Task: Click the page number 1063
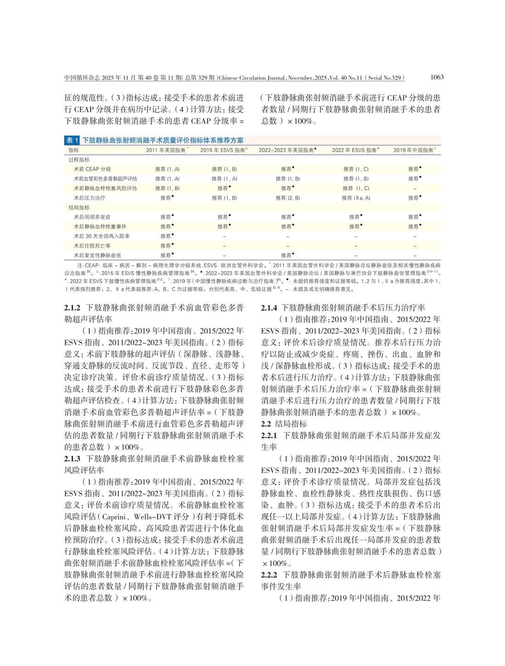point(437,77)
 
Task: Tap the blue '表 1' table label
point(73,140)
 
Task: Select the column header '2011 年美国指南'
point(167,150)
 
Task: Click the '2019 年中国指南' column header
point(414,150)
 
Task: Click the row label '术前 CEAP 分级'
point(92,169)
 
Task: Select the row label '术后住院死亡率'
point(92,246)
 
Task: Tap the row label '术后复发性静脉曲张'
point(98,255)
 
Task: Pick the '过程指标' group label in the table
point(79,160)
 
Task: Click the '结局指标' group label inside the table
point(79,208)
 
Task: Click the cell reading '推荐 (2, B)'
point(288,198)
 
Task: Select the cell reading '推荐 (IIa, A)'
point(356,198)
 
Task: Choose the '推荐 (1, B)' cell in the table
point(167,188)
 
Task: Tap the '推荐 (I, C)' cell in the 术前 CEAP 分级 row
point(356,169)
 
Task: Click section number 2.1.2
point(73,307)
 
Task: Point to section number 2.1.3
point(73,458)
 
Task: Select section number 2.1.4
point(269,307)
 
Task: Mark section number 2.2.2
point(269,575)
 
